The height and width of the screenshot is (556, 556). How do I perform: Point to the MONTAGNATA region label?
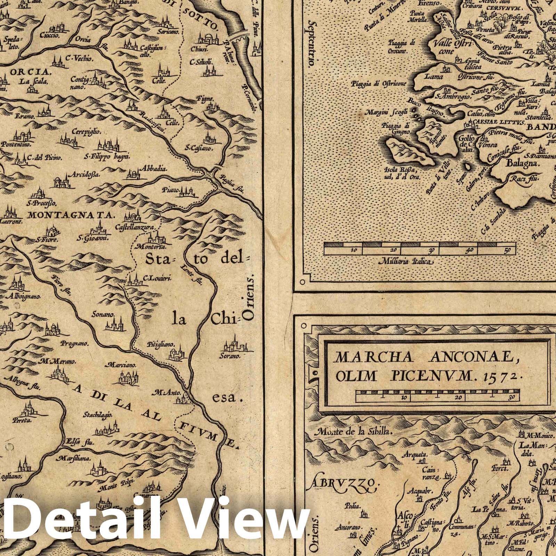pos(71,215)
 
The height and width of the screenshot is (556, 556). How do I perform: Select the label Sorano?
pos(230,356)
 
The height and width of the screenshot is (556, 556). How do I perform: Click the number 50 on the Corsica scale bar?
pos(507,250)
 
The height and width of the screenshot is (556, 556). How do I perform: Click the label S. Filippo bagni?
pos(107,156)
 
